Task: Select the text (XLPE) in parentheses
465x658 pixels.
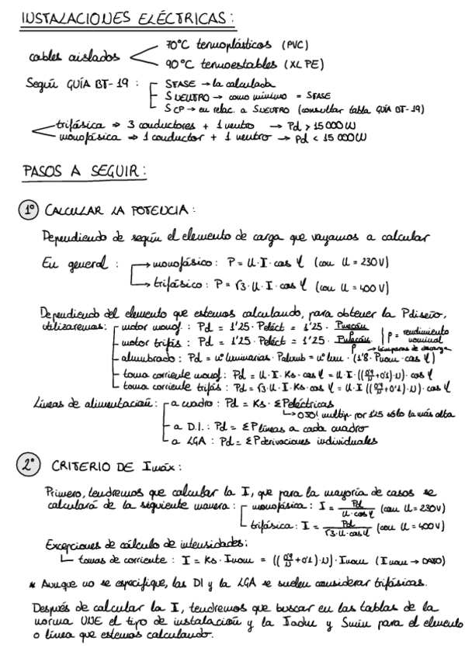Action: tap(304, 64)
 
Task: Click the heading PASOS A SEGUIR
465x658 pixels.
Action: tap(85, 170)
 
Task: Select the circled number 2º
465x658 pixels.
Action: tap(29, 465)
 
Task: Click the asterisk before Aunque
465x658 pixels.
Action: tap(32, 581)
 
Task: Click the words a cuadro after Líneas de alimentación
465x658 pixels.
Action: tap(180, 406)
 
